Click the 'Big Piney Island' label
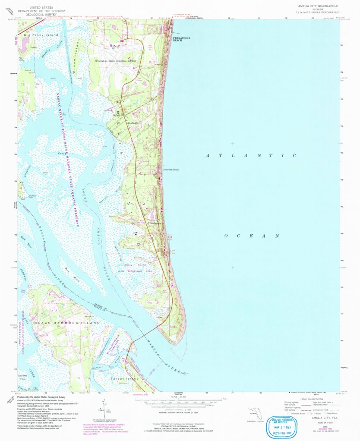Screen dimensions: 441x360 [x=41, y=34]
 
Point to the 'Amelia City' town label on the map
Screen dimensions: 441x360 [x=134, y=123]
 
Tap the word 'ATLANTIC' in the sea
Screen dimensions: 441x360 [x=251, y=155]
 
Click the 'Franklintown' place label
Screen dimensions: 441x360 [x=157, y=223]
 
